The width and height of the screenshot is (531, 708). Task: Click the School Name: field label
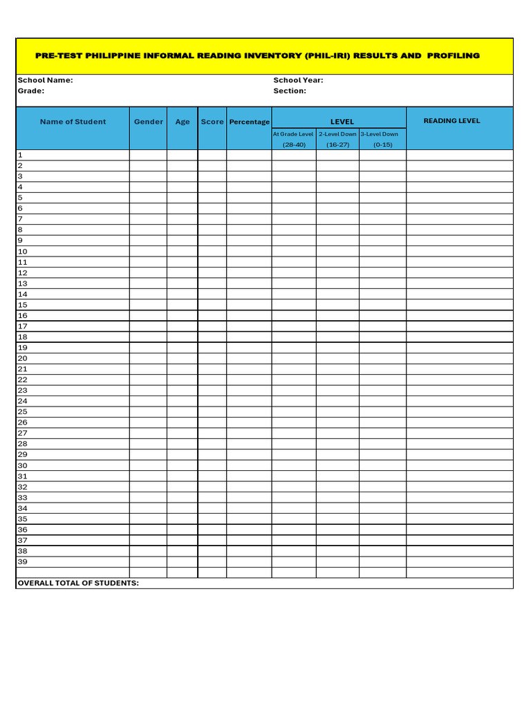pos(45,80)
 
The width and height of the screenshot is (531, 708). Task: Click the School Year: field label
pos(298,80)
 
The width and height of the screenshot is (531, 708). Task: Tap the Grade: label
pos(31,91)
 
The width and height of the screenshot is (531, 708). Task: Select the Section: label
pos(290,91)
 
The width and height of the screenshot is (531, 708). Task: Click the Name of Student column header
pos(73,122)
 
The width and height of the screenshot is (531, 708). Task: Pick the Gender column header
pos(149,122)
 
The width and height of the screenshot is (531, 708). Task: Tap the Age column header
pos(183,122)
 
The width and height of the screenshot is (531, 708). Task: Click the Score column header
pos(212,122)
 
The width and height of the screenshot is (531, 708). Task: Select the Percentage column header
pos(249,122)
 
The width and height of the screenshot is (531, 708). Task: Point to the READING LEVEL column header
pos(451,121)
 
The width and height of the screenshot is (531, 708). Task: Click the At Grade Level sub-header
pos(293,134)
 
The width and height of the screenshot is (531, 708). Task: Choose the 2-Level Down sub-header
pos(337,134)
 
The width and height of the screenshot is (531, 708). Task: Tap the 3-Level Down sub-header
pos(379,134)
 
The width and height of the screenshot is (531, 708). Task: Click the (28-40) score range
pos(294,145)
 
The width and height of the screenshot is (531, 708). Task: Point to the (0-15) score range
pos(382,145)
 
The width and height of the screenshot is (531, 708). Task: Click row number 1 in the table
pos(20,156)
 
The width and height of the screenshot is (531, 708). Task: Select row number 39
pos(22,561)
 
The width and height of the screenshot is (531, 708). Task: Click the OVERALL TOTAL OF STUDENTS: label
pos(78,583)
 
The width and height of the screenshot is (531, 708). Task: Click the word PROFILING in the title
pos(453,55)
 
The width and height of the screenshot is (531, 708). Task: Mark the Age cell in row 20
pos(183,358)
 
